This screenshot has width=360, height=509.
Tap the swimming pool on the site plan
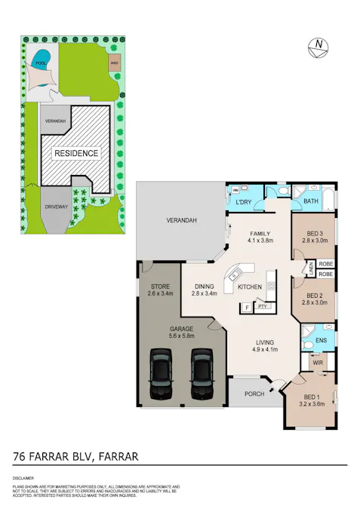tap(42, 57)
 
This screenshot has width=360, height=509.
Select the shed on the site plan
tap(113, 61)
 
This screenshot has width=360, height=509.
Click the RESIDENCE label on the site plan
tap(75, 153)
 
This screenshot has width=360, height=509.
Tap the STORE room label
tap(159, 286)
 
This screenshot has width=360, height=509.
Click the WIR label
tap(318, 363)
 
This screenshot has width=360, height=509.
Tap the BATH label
tap(311, 202)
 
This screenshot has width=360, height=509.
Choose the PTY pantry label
tap(262, 307)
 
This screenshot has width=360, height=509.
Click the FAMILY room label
tap(260, 233)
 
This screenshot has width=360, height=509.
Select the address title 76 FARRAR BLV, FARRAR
tap(75, 456)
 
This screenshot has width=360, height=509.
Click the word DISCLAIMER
tap(24, 479)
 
